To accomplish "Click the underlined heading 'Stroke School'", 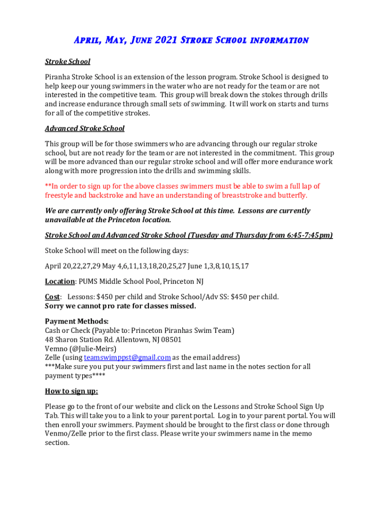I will (67, 62).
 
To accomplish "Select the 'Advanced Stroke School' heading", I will (85, 128).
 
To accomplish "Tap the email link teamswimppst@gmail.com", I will (127, 358).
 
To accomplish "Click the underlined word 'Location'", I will (60, 281).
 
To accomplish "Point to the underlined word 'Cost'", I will (52, 297).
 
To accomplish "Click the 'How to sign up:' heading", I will (71, 391).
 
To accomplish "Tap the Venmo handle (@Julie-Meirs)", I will (94, 349).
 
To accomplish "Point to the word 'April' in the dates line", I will (53, 266).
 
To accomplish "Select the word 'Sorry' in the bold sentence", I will (55, 306).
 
